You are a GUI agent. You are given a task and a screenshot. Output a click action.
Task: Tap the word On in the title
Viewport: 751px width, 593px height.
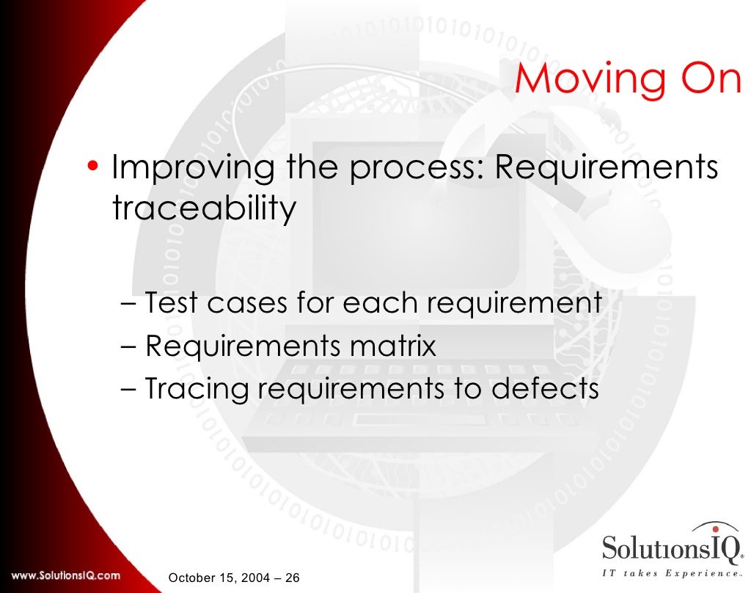coord(704,80)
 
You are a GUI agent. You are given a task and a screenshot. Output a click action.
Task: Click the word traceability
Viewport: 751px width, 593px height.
coord(204,209)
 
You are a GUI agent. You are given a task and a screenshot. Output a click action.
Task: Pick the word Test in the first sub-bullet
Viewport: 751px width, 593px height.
coord(172,302)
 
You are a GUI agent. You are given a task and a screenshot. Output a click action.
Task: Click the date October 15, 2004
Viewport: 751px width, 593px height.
coord(219,578)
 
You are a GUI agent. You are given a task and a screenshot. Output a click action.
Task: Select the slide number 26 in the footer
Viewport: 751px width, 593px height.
coord(292,578)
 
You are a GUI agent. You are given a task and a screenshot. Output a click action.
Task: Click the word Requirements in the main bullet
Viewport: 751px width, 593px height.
coord(607,169)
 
